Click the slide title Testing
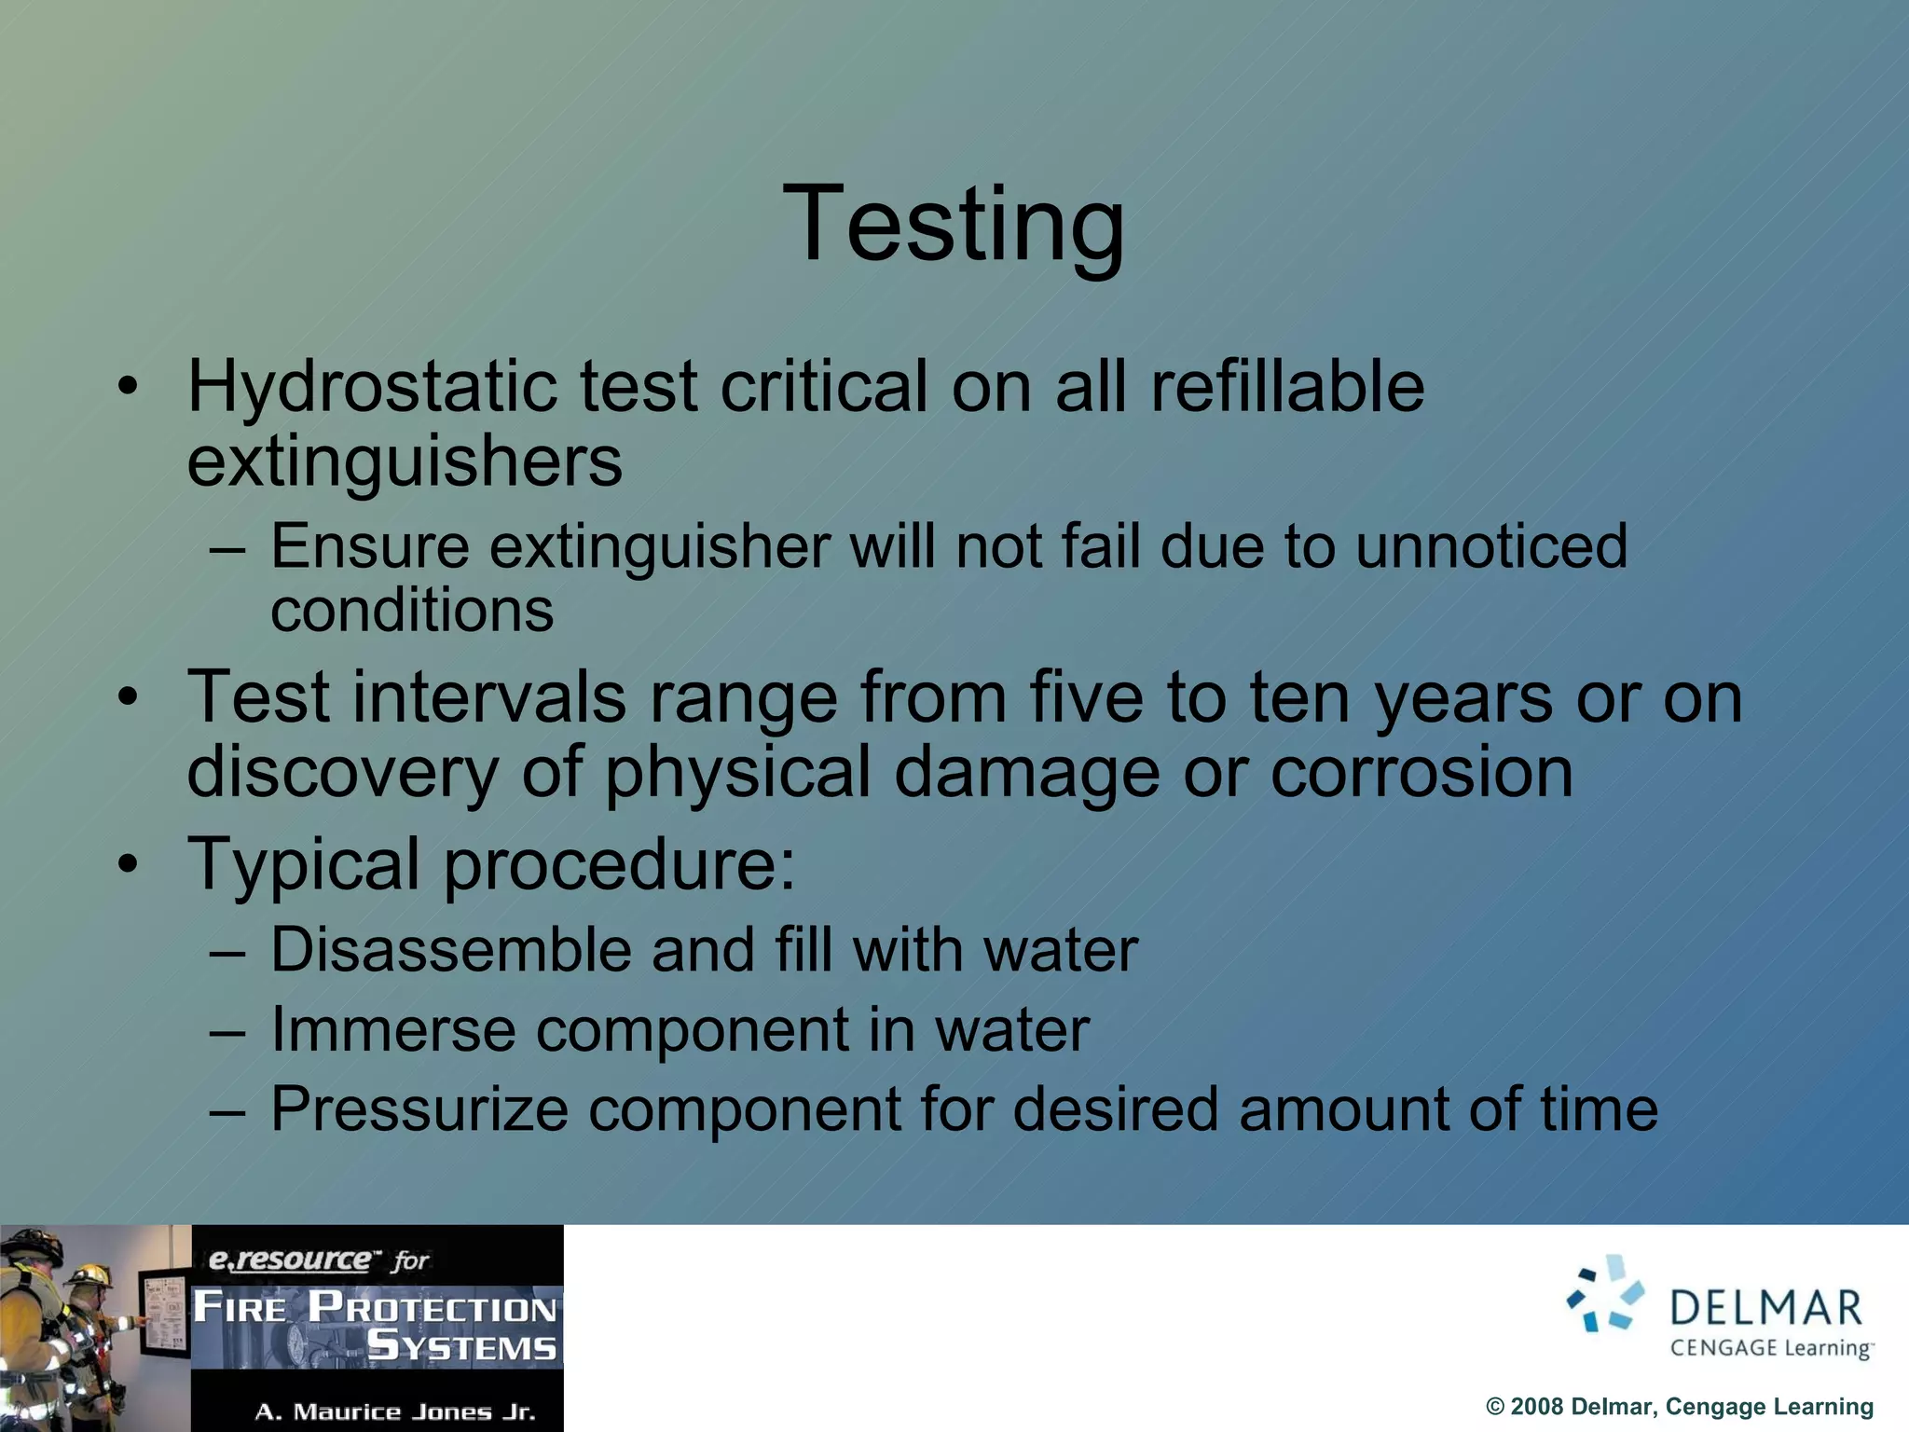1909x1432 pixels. (x=954, y=225)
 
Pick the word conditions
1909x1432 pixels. (x=412, y=611)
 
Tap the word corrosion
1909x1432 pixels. (x=1421, y=772)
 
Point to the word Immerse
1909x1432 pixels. (x=392, y=1030)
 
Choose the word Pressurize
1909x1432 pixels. (x=419, y=1109)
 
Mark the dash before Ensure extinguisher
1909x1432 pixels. (x=227, y=548)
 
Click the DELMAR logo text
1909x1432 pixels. (x=1765, y=1308)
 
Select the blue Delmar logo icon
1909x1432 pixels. (x=1605, y=1294)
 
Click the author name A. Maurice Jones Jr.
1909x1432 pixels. (x=395, y=1411)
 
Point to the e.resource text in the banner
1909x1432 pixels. (x=289, y=1260)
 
